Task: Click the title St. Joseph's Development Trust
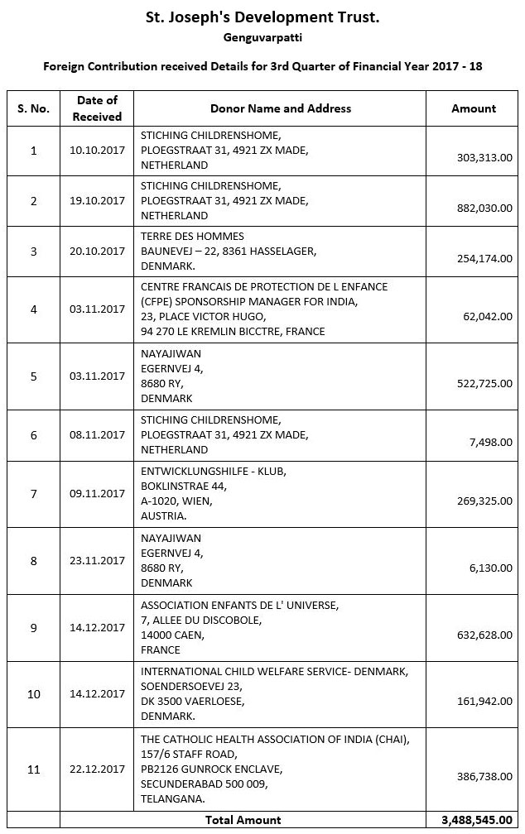262,17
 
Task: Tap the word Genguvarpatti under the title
262,37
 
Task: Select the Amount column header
474,108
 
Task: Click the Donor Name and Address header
281,108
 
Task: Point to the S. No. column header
33,108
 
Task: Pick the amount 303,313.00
484,157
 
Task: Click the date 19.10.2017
98,201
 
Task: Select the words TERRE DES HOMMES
192,237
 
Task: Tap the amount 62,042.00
488,316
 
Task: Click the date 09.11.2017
98,494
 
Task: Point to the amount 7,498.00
490,443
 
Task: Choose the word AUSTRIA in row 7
163,515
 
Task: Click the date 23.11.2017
98,560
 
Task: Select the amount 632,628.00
484,635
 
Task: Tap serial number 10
33,694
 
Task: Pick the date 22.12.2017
98,769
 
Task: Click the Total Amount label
243,820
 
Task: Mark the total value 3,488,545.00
475,820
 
